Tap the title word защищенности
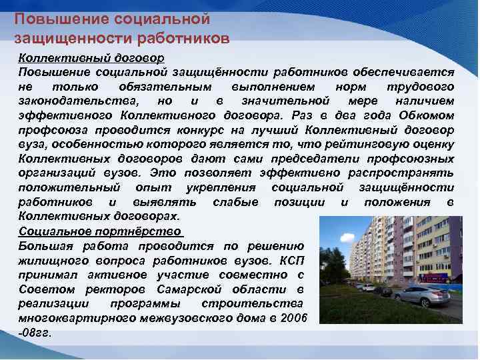click(x=60, y=38)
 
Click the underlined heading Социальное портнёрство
click(x=100, y=231)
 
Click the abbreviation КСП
click(x=290, y=261)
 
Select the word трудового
click(x=421, y=87)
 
